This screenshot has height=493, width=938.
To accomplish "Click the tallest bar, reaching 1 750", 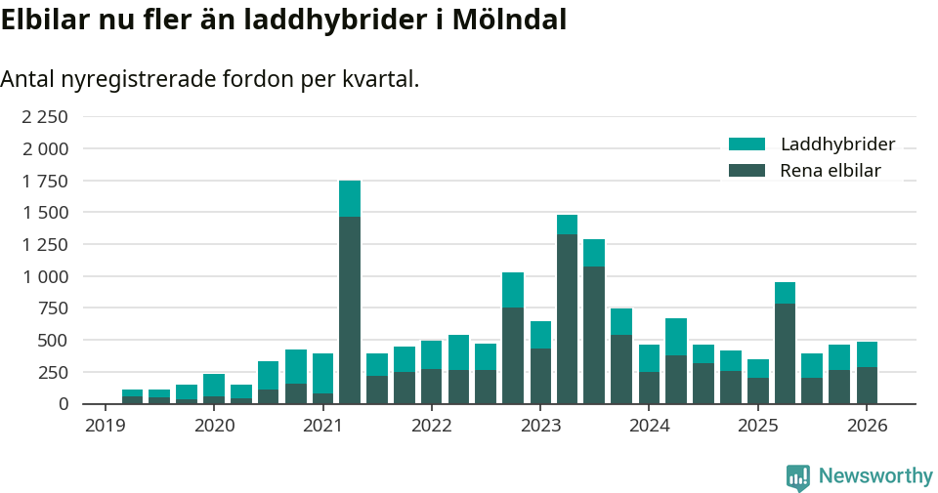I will (x=350, y=293).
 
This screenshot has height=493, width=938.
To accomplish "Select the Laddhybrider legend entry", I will (x=837, y=144).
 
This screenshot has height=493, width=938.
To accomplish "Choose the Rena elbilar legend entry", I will (x=831, y=171).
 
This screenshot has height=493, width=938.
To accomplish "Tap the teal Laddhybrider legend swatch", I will (x=746, y=144).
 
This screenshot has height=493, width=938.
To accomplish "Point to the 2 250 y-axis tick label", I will (x=45, y=117).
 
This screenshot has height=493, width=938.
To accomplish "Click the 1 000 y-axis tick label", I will (x=45, y=276).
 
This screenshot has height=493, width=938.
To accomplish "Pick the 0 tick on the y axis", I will (x=63, y=404).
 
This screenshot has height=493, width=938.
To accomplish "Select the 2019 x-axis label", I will (x=106, y=426).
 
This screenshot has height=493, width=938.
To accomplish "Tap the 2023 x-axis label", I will (x=540, y=426).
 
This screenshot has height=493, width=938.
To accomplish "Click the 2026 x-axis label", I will (x=866, y=426).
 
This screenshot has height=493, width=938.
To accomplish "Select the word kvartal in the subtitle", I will (x=379, y=79).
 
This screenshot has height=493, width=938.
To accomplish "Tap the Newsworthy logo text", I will (x=875, y=476).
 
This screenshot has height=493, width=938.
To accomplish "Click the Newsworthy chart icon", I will (x=798, y=477).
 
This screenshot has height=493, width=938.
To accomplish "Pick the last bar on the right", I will (x=867, y=373).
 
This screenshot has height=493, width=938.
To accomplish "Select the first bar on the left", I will (x=132, y=396).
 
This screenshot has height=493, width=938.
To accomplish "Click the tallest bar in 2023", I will (x=567, y=309).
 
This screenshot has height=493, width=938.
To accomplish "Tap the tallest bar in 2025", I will (x=785, y=343).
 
